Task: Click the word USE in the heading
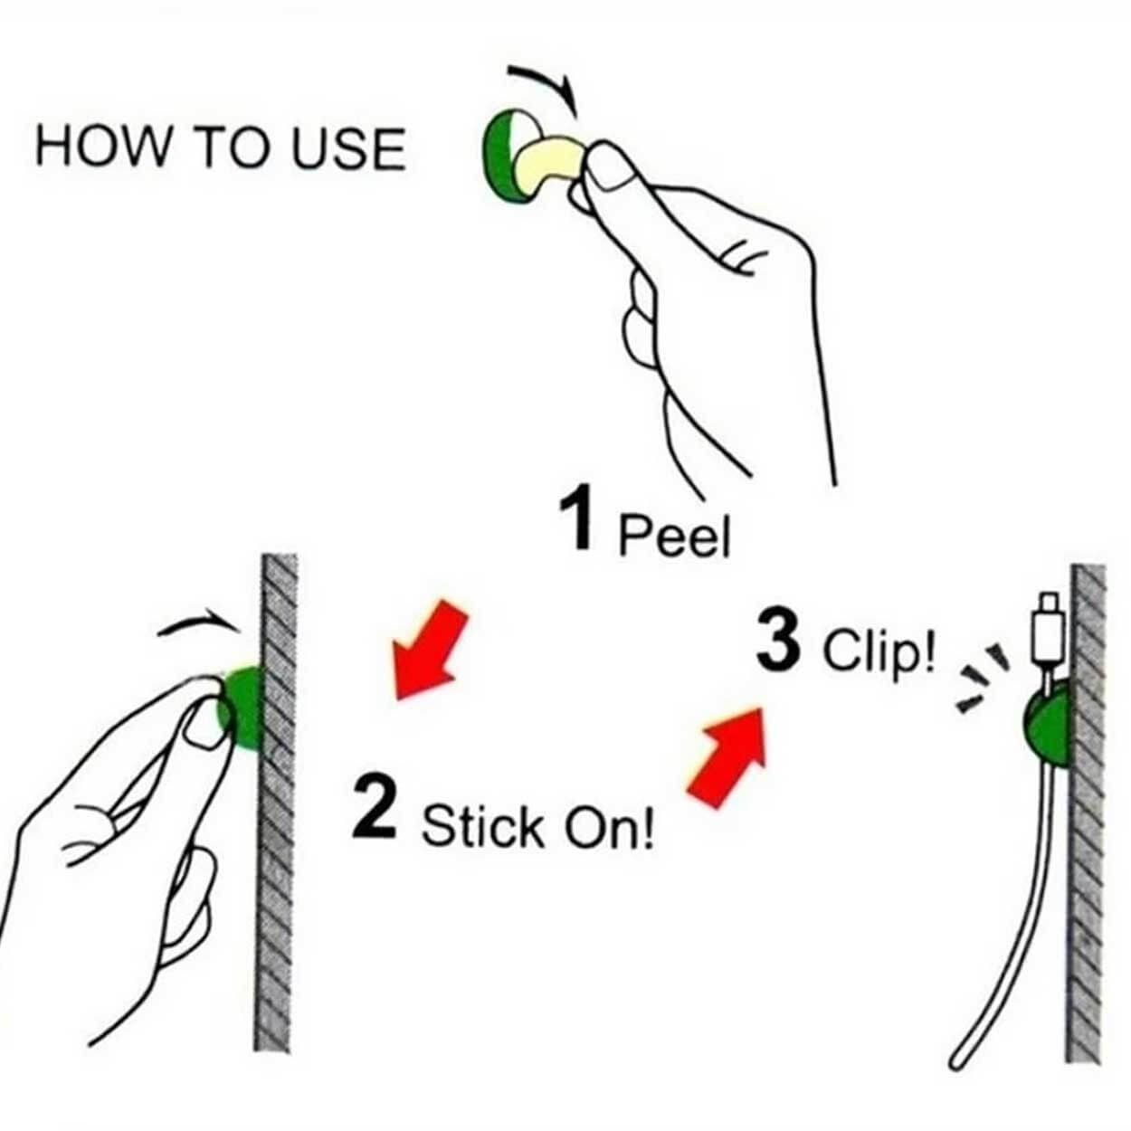point(348,148)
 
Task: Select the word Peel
point(675,535)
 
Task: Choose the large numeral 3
point(778,640)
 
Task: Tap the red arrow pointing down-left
point(430,650)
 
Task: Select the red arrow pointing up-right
point(727,757)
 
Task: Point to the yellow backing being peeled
point(549,162)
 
